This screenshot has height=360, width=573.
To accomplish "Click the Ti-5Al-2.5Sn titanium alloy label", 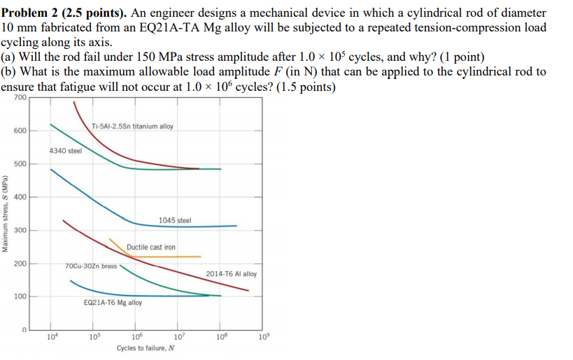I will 132,127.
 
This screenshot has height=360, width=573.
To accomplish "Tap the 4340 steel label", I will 65,151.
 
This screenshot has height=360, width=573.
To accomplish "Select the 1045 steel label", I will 174,221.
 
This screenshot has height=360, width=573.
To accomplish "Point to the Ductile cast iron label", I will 151,247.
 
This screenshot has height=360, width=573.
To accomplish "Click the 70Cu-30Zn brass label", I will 91,266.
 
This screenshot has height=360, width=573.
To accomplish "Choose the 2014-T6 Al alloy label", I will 232,274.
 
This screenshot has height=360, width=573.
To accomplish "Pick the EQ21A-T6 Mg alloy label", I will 113,303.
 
